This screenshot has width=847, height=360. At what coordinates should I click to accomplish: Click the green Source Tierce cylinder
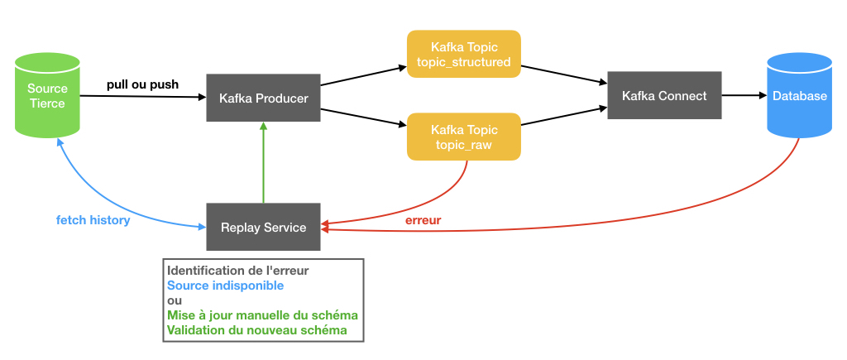click(x=48, y=95)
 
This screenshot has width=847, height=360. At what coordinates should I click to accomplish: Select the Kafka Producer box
click(x=263, y=98)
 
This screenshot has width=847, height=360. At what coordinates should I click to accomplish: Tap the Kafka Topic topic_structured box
click(x=464, y=54)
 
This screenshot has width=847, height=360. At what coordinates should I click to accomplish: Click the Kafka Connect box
click(x=664, y=95)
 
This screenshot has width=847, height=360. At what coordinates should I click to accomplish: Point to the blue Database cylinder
click(x=799, y=96)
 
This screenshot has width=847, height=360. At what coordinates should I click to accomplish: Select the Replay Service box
click(x=263, y=227)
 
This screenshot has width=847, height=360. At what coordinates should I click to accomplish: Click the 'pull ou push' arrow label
click(x=142, y=84)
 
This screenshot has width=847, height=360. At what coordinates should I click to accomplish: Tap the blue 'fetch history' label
click(x=93, y=220)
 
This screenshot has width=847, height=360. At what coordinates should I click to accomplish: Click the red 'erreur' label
click(x=423, y=220)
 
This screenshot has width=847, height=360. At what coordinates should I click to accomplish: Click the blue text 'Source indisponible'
click(x=225, y=286)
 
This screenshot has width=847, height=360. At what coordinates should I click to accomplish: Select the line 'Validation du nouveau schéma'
click(x=256, y=330)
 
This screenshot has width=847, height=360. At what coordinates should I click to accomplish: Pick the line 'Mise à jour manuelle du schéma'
click(x=262, y=315)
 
